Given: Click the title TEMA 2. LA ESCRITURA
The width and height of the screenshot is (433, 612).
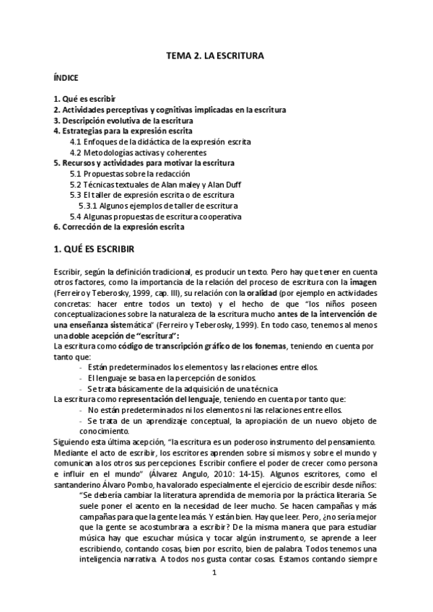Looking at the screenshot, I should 216,54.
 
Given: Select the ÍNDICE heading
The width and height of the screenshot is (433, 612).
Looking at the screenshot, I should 66,76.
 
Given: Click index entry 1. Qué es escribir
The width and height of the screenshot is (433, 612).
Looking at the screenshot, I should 85,98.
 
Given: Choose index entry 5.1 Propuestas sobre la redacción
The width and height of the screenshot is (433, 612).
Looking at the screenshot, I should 130,174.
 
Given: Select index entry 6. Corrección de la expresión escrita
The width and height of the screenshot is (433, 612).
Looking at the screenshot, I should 118,227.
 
